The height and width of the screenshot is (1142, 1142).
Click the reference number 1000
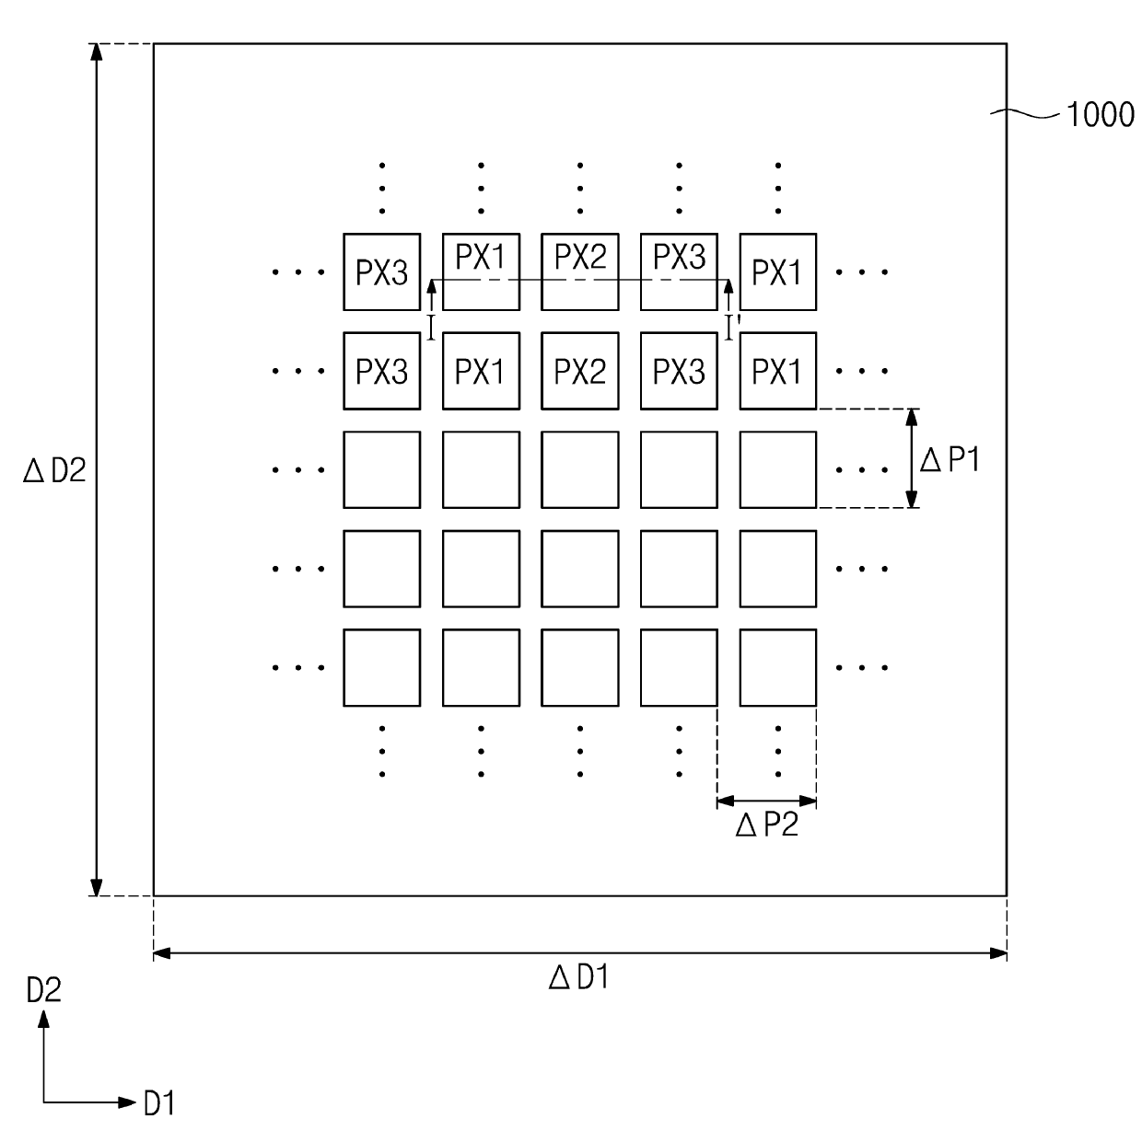click(x=1100, y=115)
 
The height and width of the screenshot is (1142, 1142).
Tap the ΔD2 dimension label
click(x=54, y=471)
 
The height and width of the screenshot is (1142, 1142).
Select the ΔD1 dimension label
click(x=578, y=977)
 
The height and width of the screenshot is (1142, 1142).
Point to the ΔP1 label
click(x=950, y=459)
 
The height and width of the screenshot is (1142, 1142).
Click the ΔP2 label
click(x=766, y=826)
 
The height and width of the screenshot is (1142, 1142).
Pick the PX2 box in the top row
click(x=579, y=271)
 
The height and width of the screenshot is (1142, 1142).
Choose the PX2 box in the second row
click(x=579, y=371)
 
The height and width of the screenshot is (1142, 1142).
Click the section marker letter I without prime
click(x=431, y=327)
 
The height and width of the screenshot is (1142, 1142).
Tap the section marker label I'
click(x=732, y=327)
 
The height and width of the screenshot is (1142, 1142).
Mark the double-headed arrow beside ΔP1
click(x=912, y=458)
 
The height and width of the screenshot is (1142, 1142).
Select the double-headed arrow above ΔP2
click(x=766, y=801)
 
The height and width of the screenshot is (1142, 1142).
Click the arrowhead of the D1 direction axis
click(x=128, y=1102)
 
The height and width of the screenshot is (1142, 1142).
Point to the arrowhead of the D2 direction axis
click(x=43, y=1017)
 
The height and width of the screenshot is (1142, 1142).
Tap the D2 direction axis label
click(x=43, y=991)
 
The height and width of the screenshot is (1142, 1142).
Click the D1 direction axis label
click(x=159, y=1103)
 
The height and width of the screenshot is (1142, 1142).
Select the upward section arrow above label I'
click(x=729, y=297)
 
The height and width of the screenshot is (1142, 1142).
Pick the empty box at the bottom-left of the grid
click(x=381, y=667)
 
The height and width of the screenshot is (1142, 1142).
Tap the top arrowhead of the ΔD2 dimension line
click(x=95, y=52)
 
